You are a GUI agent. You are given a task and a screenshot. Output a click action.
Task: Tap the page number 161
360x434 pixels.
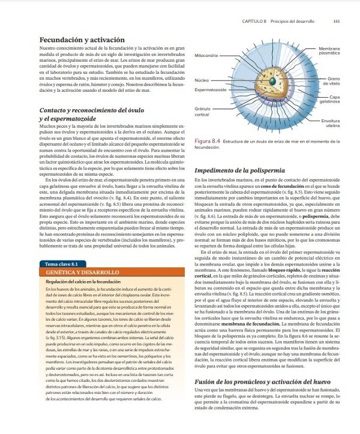pyautogui.click(x=337, y=21)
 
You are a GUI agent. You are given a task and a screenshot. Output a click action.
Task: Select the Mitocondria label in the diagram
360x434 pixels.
pyautogui.click(x=206, y=55)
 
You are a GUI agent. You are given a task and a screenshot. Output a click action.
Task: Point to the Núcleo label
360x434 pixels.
pyautogui.click(x=202, y=80)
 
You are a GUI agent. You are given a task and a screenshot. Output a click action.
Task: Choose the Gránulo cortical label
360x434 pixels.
pyautogui.click(x=202, y=111)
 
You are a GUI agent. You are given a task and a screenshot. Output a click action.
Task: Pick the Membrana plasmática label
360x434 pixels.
pyautogui.click(x=329, y=50)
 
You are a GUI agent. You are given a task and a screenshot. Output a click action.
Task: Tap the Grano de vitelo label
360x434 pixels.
pyautogui.click(x=333, y=80)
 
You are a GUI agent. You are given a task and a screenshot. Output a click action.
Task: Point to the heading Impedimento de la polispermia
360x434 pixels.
pyautogui.click(x=245, y=171)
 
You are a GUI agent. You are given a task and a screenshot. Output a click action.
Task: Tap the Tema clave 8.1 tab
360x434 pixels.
pyautogui.click(x=62, y=264)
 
